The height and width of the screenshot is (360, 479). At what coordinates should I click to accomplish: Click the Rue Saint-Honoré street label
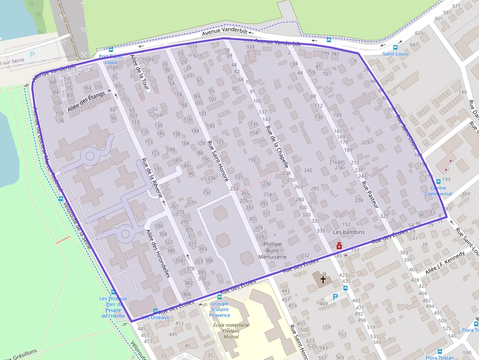tap(218, 161)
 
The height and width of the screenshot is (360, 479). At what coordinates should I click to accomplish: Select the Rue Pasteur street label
tap(370, 194)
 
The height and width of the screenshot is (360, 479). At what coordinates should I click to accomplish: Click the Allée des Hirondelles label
tap(157, 254)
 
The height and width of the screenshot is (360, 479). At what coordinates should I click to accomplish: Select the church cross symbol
tap(323, 280)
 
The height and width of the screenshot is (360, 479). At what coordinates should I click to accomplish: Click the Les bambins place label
tap(348, 232)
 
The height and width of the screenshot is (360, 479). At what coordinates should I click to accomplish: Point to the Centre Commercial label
tap(438, 191)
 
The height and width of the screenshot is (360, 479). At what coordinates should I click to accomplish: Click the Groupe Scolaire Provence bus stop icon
tap(219, 296)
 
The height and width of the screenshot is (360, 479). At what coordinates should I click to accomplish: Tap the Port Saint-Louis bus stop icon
tap(111, 49)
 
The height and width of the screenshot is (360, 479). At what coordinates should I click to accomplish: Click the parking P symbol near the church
tap(335, 296)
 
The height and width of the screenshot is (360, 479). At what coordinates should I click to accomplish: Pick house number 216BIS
tap(337, 162)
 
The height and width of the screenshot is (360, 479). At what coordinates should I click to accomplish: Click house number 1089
tap(148, 60)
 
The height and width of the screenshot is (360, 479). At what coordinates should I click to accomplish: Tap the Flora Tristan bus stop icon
tap(439, 351)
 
